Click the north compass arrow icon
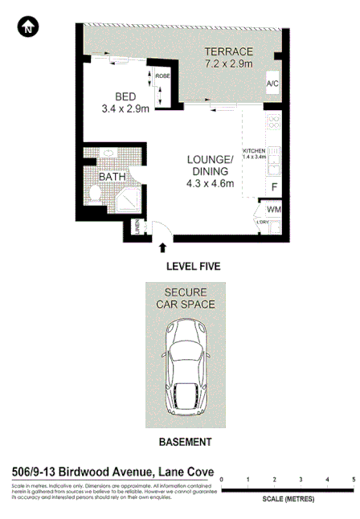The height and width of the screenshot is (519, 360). (x=27, y=27)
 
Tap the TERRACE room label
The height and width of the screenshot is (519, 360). (x=228, y=51)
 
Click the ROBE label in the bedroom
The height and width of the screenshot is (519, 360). (x=163, y=76)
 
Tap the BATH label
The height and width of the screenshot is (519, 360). (x=111, y=177)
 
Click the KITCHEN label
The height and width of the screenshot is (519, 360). (x=254, y=151)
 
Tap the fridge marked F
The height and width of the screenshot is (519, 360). (x=273, y=188)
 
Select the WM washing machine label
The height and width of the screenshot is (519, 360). (x=273, y=210)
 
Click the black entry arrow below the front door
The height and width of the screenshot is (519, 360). (x=164, y=249)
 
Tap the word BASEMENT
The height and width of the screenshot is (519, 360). (x=186, y=443)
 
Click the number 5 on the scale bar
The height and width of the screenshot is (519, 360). (x=353, y=480)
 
